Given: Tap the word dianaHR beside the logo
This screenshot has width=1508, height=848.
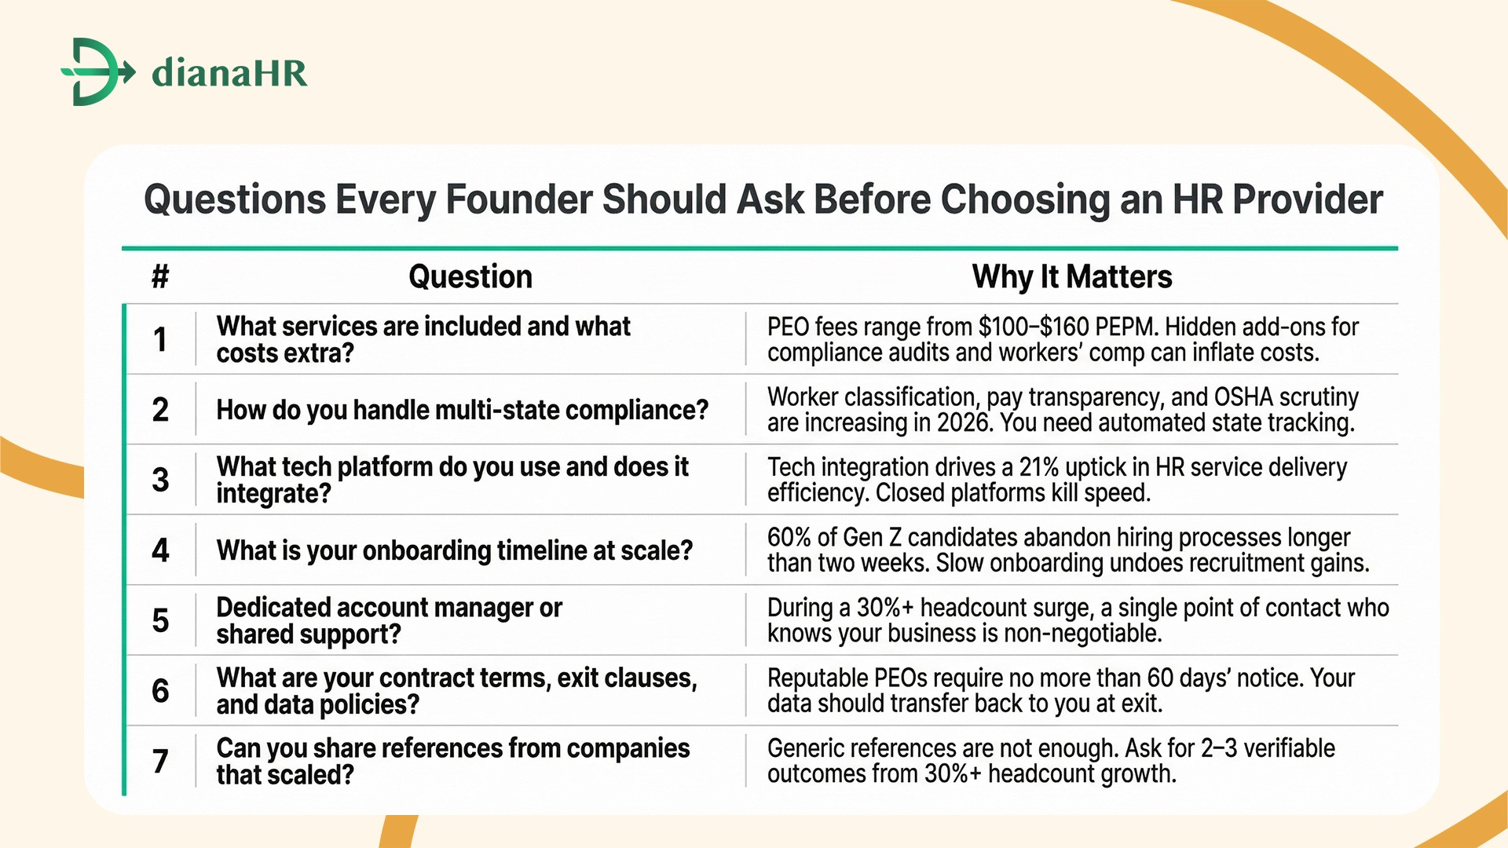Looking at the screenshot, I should [229, 72].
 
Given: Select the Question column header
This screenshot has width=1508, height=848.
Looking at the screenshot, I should [470, 276].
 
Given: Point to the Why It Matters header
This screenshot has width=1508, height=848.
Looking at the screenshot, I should [1071, 276].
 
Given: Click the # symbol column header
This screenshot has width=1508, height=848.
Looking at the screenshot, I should [160, 276].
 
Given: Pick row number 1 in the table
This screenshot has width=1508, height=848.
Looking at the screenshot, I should [160, 339].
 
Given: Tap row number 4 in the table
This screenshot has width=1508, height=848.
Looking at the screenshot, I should [160, 550].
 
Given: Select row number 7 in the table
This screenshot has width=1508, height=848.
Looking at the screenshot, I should [160, 761].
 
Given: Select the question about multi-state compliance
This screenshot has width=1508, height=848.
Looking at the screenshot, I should [462, 410].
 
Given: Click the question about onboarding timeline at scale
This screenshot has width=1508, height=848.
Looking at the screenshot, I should [454, 550].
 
